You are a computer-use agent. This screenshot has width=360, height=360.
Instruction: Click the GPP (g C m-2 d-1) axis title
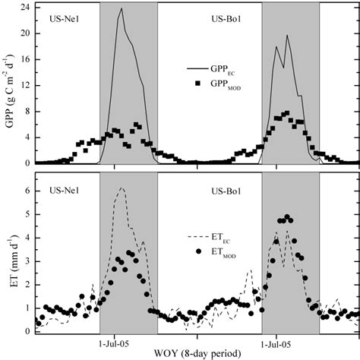(8, 83)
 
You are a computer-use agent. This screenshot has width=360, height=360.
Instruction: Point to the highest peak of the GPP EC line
(122, 8)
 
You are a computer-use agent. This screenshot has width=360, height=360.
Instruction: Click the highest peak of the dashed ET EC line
(122, 187)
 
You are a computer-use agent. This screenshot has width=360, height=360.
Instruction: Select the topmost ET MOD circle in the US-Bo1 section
(286, 216)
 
